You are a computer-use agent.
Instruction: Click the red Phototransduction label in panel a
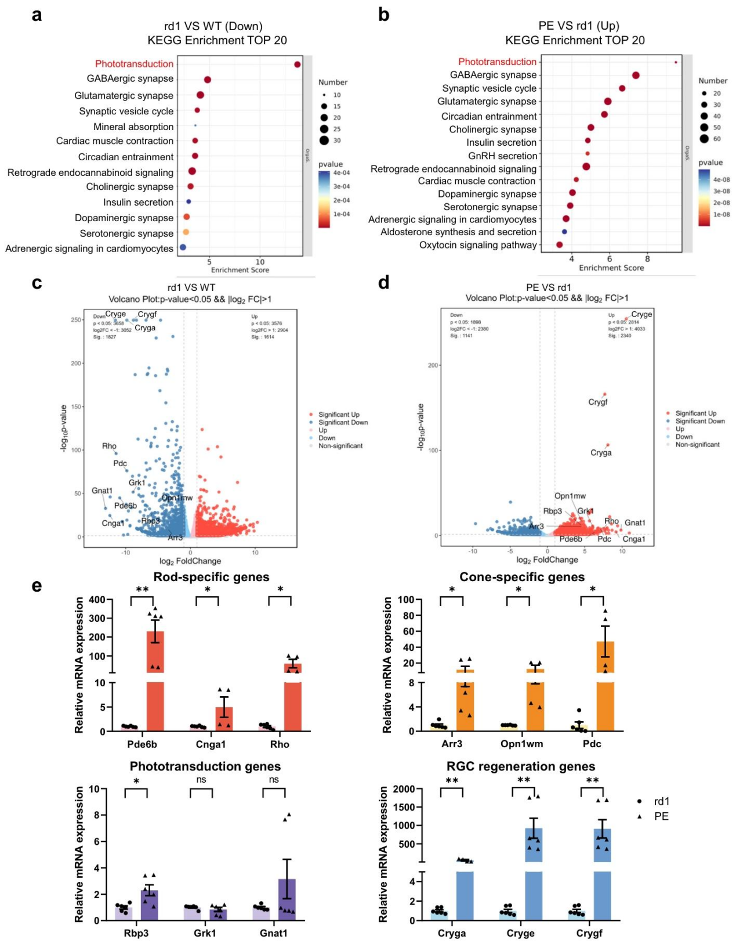pyautogui.click(x=134, y=64)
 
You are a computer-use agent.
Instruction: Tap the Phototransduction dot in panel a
pyautogui.click(x=298, y=64)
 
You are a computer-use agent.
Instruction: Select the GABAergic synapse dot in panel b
pyautogui.click(x=636, y=75)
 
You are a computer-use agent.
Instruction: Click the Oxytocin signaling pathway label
pyautogui.click(x=478, y=245)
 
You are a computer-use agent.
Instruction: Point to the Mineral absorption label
pyautogui.click(x=133, y=127)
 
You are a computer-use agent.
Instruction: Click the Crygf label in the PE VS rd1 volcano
pyautogui.click(x=597, y=402)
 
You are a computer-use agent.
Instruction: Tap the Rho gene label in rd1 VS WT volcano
pyautogui.click(x=109, y=446)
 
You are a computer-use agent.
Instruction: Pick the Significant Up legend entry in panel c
pyautogui.click(x=338, y=415)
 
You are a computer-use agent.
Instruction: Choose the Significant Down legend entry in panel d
pyautogui.click(x=699, y=421)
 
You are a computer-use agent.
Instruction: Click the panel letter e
pyautogui.click(x=37, y=585)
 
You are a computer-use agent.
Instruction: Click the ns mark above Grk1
pyautogui.click(x=201, y=780)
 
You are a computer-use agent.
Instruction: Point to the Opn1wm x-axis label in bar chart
pyautogui.click(x=521, y=744)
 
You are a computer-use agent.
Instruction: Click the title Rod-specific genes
pyautogui.click(x=211, y=577)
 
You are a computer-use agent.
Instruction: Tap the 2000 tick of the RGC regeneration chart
pyautogui.click(x=404, y=788)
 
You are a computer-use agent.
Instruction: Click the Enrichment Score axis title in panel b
pyautogui.click(x=611, y=268)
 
